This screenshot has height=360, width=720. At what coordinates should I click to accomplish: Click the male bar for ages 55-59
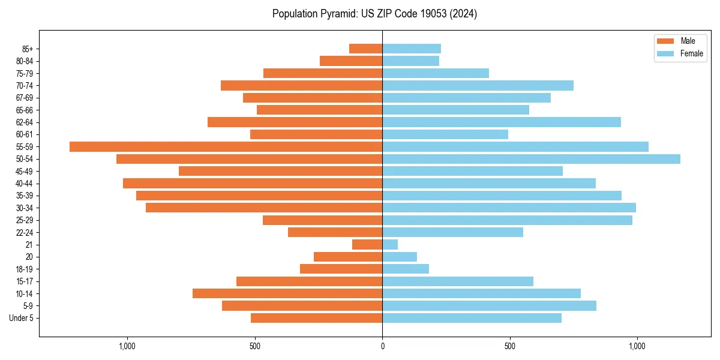click(226, 146)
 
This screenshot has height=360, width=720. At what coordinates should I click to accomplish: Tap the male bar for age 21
click(367, 244)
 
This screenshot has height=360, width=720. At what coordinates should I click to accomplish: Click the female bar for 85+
click(412, 49)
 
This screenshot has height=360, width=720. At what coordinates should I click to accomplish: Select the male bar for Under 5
click(316, 318)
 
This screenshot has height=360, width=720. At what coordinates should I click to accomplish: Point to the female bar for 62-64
click(502, 122)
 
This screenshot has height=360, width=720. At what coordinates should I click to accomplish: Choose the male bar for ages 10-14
click(287, 293)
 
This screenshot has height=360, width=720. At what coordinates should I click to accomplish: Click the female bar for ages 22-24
click(452, 232)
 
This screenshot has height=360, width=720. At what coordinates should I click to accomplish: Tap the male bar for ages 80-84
click(351, 61)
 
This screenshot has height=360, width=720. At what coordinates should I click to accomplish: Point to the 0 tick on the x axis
click(382, 346)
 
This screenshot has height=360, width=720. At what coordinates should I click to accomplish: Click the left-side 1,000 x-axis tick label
click(127, 346)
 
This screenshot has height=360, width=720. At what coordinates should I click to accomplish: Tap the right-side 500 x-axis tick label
click(509, 346)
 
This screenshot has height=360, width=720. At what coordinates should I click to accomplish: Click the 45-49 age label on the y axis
click(24, 171)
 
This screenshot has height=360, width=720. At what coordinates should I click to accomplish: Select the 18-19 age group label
click(24, 269)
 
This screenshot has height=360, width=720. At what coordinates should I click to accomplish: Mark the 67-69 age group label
click(24, 98)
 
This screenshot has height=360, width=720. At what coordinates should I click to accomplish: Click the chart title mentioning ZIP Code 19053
click(374, 14)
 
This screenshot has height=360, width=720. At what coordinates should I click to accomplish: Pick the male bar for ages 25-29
click(322, 220)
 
